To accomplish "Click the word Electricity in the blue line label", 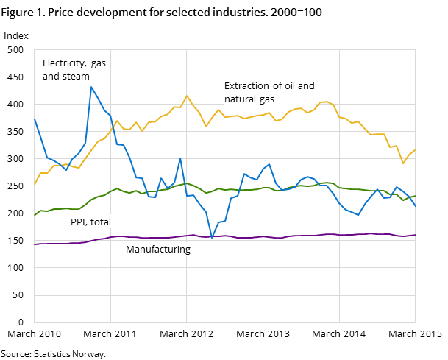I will point(63,63).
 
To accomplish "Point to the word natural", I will point(241,99).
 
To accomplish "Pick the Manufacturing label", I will point(158,250).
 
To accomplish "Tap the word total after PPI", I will point(100,222).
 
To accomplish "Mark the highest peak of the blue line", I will point(91,87).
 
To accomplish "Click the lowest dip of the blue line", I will point(212,238).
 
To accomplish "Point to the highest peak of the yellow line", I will point(187,96).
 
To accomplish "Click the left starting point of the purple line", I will point(35,244).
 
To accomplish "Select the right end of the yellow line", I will point(415,150).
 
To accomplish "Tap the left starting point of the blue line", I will point(35,119).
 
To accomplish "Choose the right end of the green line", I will point(415,196).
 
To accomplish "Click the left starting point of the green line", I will point(35,215).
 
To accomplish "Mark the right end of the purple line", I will point(415,235).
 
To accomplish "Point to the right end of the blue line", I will point(415,208).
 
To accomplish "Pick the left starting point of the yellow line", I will point(35,184).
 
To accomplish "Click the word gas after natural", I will point(266,99).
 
